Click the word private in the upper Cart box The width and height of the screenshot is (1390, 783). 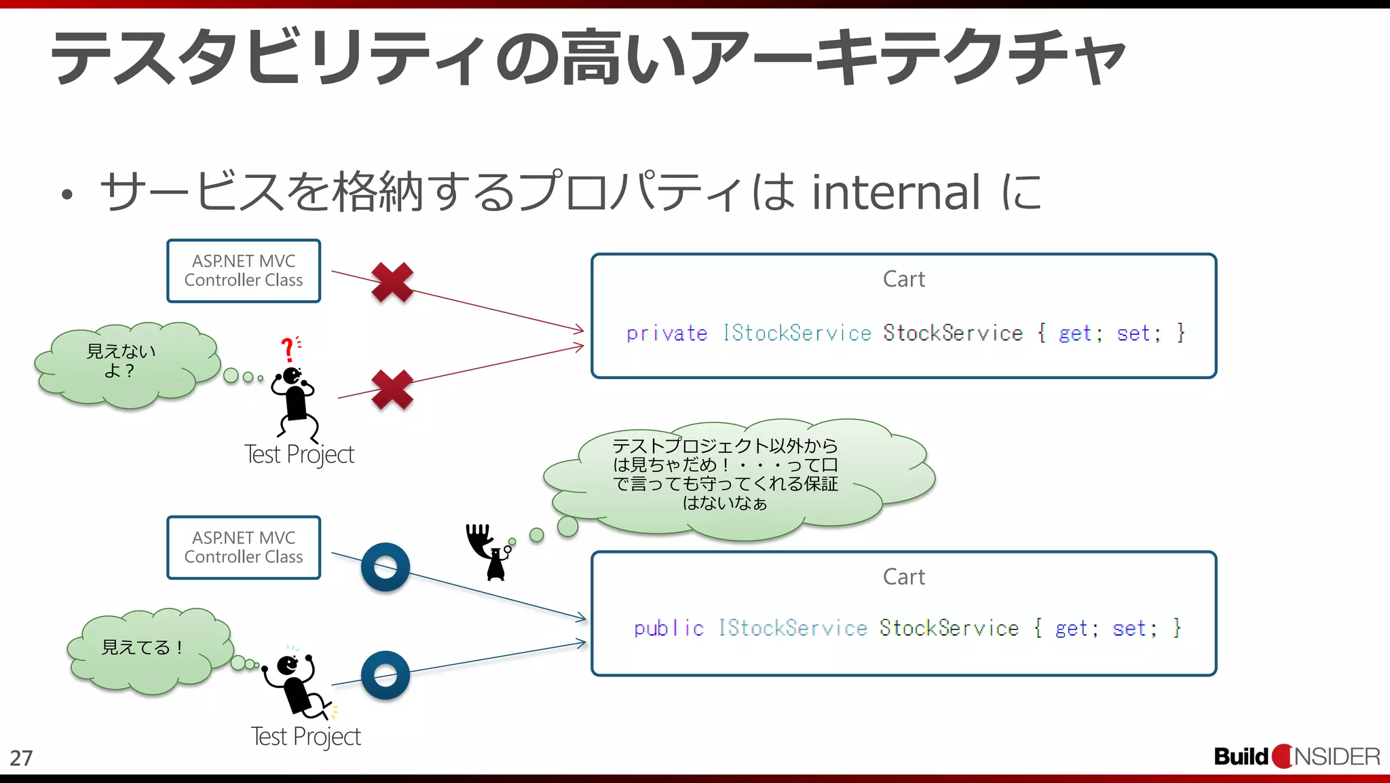click(666, 333)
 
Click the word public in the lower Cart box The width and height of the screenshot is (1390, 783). click(668, 628)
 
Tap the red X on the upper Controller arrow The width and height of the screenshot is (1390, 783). click(392, 282)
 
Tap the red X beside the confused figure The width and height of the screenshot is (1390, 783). click(392, 390)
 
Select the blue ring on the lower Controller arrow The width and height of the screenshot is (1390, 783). click(386, 567)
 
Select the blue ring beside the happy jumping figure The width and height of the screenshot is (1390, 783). click(386, 675)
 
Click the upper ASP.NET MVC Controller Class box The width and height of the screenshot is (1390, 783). click(244, 271)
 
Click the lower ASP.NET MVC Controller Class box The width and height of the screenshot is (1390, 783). click(244, 547)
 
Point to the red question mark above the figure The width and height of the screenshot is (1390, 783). click(288, 349)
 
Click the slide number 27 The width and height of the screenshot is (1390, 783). click(21, 758)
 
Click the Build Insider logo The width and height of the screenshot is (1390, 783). click(1296, 757)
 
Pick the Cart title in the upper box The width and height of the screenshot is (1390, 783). click(903, 279)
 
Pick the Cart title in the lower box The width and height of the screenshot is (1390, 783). click(903, 577)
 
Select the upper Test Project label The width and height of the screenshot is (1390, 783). click(299, 454)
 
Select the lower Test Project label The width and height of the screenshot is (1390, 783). click(305, 737)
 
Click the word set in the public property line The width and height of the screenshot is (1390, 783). click(1129, 629)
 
